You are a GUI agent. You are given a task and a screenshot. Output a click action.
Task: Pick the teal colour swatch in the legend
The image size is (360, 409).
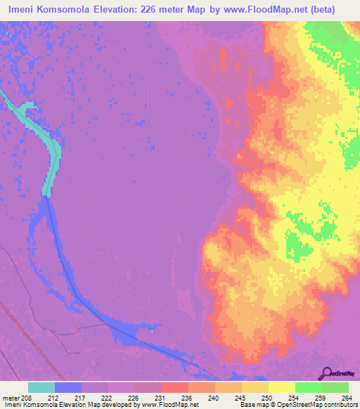point(41,387)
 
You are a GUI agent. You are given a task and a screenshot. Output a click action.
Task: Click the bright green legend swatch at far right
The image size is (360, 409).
point(335,387)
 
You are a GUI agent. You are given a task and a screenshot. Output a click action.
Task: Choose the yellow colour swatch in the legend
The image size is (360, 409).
point(282,387)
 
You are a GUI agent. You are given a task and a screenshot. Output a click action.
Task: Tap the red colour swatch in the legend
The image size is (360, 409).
point(175,387)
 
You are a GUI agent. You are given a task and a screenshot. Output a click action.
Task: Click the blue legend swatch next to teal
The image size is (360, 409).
point(68,387)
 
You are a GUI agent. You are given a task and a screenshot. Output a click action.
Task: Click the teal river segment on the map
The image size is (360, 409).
point(50,151)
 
